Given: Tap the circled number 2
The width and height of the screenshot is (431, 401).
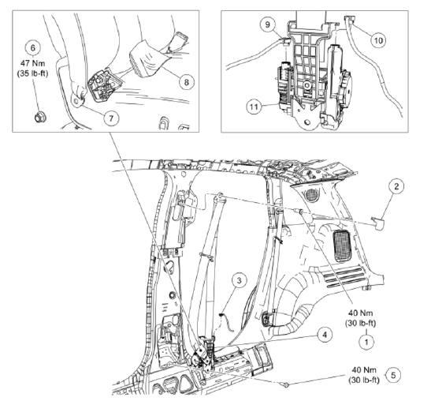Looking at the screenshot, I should [x=398, y=187].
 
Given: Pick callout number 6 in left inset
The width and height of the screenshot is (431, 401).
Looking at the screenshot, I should [x=33, y=47].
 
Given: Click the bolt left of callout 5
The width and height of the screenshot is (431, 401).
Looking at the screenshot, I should [x=285, y=385].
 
